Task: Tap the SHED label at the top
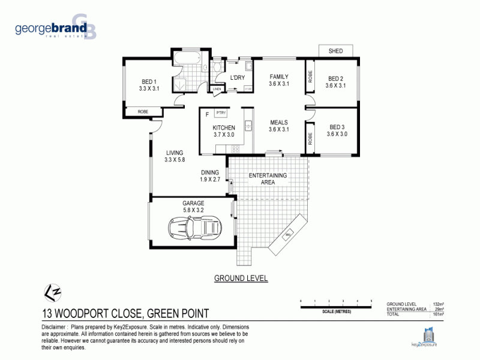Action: (x=335, y=51)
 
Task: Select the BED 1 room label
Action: (x=149, y=85)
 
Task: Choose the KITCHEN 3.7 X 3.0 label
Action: (x=224, y=131)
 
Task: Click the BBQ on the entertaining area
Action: (x=287, y=235)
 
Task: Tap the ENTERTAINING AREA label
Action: (x=268, y=178)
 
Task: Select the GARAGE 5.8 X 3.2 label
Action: (x=193, y=207)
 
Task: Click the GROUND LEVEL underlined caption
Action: (x=241, y=278)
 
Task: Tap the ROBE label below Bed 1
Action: (x=143, y=112)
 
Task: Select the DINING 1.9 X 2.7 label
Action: (x=210, y=176)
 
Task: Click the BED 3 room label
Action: (x=337, y=130)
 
